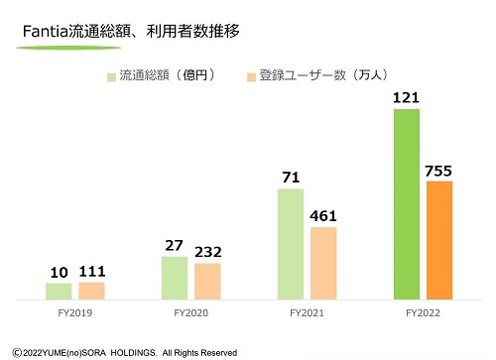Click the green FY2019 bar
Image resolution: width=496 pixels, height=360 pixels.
(59, 291)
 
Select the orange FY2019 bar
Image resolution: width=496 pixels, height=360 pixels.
(91, 290)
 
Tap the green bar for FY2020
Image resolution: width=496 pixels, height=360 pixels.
(175, 277)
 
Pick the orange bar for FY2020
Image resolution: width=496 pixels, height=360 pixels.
(207, 280)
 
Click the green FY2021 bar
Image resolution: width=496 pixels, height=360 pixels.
(291, 243)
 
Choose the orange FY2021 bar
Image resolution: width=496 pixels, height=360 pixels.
(323, 262)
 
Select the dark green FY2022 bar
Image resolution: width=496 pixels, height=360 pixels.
(407, 203)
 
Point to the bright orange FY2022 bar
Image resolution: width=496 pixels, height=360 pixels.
(439, 239)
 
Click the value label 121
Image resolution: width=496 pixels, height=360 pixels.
(406, 98)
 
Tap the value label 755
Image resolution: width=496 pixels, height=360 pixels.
(439, 170)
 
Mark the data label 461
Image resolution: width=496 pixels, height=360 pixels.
(323, 215)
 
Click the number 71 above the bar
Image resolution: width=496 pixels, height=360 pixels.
(291, 177)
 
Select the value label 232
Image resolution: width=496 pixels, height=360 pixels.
(208, 252)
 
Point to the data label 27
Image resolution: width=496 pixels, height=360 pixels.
(175, 245)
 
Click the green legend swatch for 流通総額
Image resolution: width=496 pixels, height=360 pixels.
(111, 75)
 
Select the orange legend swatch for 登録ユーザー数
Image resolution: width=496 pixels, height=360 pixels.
(250, 75)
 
